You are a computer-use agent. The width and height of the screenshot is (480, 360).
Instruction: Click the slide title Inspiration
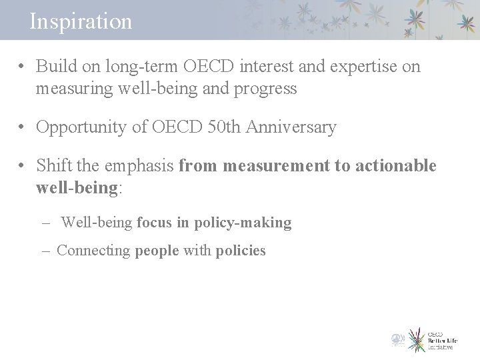point(81,21)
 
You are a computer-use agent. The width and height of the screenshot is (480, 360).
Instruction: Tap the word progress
point(263,88)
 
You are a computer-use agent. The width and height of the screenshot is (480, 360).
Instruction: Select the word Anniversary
point(291,127)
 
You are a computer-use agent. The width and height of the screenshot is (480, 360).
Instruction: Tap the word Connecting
point(93,251)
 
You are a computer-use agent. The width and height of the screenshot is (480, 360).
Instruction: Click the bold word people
point(157,251)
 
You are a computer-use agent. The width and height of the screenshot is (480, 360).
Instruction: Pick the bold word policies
point(241,251)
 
